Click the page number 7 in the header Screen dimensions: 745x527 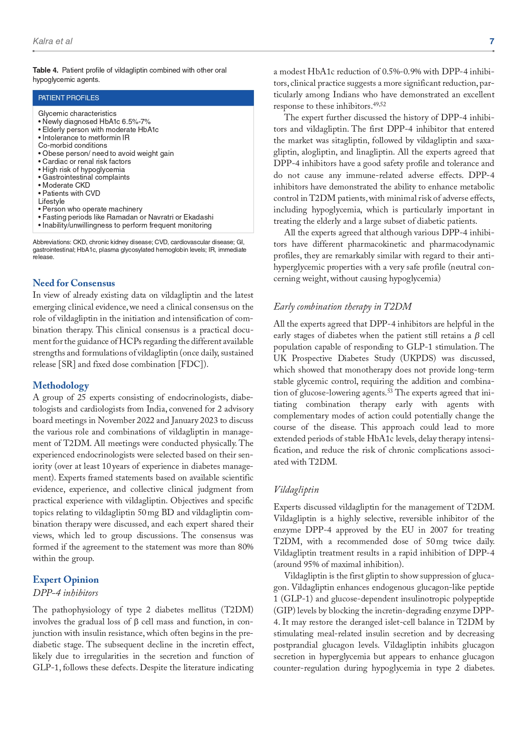[x=492, y=41]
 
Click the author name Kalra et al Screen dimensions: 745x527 [x=52, y=41]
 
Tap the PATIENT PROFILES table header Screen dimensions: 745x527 [x=69, y=98]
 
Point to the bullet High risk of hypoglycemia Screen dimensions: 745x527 [x=83, y=169]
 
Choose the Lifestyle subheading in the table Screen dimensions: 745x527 [x=51, y=201]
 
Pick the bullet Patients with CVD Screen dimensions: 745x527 [x=71, y=193]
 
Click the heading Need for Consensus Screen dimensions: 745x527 [x=73, y=283]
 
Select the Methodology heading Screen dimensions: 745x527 [x=61, y=385]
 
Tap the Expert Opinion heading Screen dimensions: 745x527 [x=65, y=579]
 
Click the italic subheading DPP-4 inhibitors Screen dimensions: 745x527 [x=65, y=593]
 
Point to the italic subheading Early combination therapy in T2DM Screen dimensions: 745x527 [x=342, y=306]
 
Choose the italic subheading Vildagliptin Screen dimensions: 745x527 [x=296, y=489]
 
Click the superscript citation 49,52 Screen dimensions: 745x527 [x=379, y=104]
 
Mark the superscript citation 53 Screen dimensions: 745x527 [x=390, y=391]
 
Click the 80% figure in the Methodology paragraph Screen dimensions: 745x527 [x=245, y=547]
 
